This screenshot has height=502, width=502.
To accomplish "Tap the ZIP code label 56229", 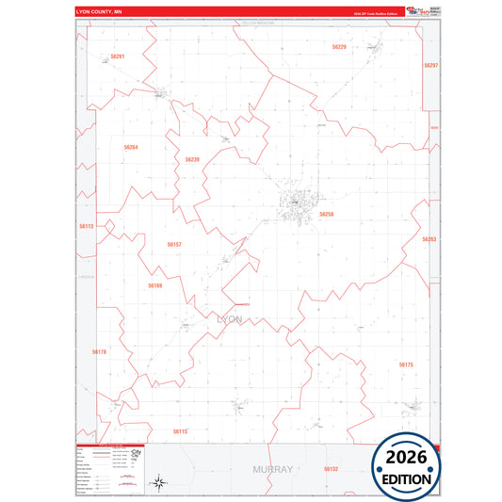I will (339, 46).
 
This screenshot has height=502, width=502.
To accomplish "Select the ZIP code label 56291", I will (117, 57).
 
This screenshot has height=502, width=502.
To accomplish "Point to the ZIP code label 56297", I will (431, 66).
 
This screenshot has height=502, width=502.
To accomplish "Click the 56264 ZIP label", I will (131, 147).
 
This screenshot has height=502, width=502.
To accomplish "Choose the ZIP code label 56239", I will (192, 159).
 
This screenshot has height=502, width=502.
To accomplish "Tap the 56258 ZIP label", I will (327, 214).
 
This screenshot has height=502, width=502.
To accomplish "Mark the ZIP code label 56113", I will (87, 227).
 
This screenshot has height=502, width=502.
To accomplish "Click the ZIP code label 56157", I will (174, 244).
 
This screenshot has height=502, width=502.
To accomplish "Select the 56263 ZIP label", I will (429, 239).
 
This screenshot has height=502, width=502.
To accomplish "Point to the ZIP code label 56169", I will (155, 284).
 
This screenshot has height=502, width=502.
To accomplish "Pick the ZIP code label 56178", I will (100, 351).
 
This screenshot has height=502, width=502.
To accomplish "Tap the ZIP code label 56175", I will (406, 364).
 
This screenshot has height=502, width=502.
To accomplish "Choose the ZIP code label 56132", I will (330, 468).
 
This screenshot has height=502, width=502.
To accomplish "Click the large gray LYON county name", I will (230, 319).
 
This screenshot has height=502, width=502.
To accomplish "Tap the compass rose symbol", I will (160, 483).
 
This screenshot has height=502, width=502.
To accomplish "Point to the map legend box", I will (105, 469).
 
